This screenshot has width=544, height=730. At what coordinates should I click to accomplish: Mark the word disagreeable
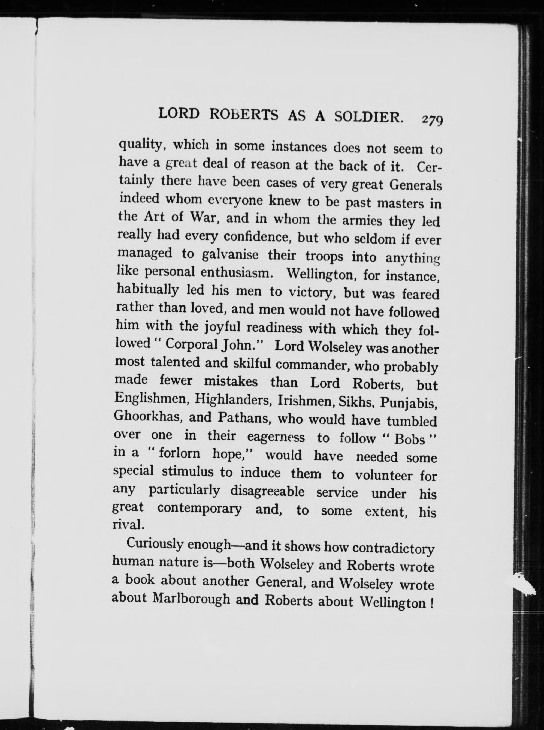pos(267,491)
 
